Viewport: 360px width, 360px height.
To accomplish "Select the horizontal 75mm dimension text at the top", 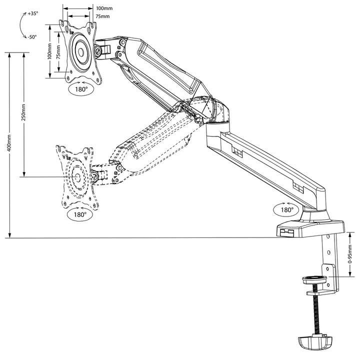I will coord(103,16).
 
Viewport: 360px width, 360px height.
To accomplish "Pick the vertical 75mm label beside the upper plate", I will coord(58,52).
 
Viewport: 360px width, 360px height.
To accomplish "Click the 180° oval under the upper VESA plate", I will coord(80,89).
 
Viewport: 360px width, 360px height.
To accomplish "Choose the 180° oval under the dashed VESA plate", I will coord(79,214).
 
